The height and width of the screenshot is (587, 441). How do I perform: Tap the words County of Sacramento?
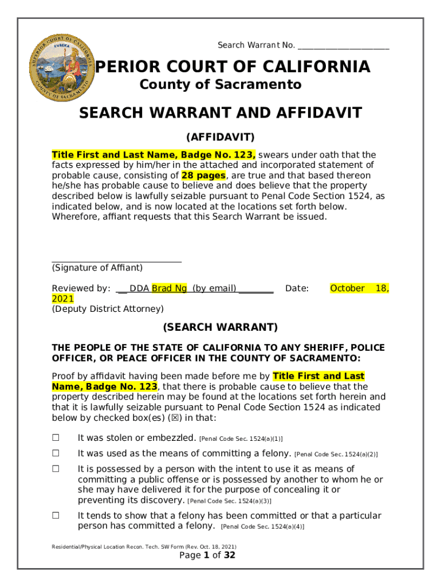[x=220, y=85]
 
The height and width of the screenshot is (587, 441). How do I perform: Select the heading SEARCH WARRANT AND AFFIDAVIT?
[x=220, y=113]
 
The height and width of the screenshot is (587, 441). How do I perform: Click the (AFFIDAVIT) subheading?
[x=220, y=138]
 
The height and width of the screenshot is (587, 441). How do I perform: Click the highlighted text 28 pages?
[x=204, y=175]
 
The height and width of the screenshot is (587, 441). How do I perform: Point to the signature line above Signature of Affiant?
[x=117, y=261]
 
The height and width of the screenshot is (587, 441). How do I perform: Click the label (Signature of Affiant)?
[x=97, y=268]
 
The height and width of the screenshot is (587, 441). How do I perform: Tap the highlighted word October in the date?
[x=347, y=288]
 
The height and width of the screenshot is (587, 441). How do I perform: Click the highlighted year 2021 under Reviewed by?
[x=62, y=299]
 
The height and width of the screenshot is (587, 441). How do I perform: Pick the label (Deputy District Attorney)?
[x=108, y=309]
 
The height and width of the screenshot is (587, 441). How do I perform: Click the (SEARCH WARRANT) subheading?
[x=220, y=327]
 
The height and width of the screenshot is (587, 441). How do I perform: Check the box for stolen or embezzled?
[x=56, y=438]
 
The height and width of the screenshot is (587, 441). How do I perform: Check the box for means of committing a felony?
[x=56, y=453]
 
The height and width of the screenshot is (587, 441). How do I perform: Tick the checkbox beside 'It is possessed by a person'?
[x=56, y=469]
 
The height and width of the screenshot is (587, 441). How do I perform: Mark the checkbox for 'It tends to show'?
[x=56, y=515]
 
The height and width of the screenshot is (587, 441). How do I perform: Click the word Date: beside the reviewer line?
[x=297, y=288]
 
